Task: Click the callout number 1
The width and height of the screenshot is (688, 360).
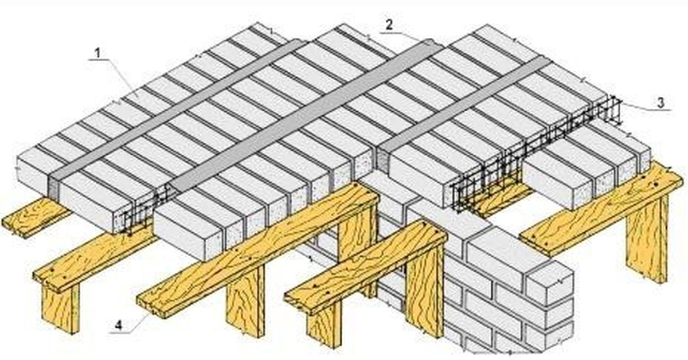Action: click(x=97, y=53)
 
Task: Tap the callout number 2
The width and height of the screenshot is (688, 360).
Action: click(x=389, y=25)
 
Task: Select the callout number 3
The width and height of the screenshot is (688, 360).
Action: click(x=661, y=102)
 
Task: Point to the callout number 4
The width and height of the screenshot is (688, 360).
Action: click(x=118, y=326)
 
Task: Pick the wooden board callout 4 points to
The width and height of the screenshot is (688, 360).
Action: click(x=258, y=249)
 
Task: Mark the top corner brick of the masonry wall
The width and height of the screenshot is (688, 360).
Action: click(x=550, y=285)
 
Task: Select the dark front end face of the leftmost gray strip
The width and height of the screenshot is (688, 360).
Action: click(x=54, y=188)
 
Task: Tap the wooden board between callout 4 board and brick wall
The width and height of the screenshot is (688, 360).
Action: click(x=366, y=267)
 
